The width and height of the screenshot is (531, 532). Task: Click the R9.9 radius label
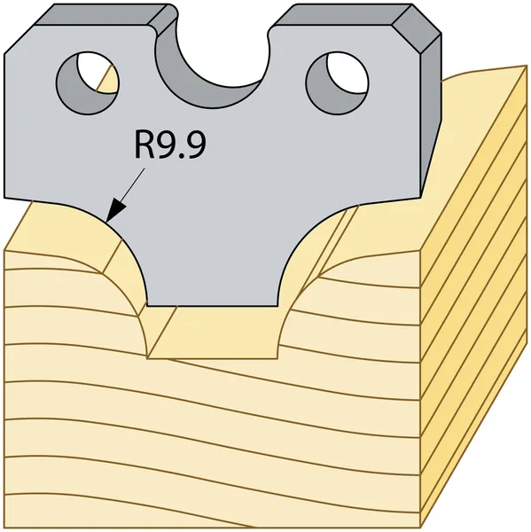[x=170, y=145]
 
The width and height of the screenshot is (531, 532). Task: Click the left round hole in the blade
[x=88, y=82]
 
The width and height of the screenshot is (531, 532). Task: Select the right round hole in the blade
[x=337, y=82]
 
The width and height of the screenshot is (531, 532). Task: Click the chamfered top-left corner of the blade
[x=20, y=39]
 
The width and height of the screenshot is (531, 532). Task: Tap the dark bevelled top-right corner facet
[x=417, y=29]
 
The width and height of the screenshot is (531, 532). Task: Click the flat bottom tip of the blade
[x=213, y=305]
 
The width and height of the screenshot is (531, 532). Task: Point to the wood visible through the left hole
[x=109, y=81]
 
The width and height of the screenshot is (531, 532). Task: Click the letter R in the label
[x=144, y=145]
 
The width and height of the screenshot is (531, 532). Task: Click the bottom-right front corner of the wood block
[x=420, y=528]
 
